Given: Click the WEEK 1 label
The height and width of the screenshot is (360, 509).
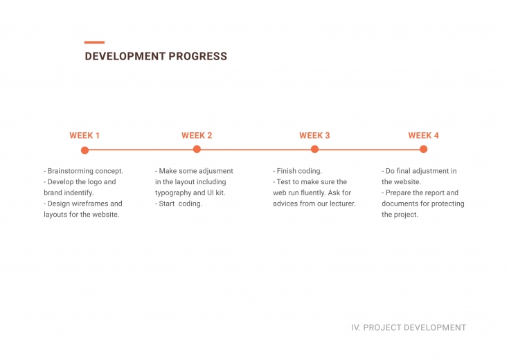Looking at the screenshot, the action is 84,136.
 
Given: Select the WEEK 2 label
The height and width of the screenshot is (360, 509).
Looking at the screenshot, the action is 197,136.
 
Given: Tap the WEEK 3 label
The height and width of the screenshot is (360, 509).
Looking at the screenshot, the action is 314,136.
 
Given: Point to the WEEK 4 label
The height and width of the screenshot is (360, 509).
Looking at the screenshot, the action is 424,136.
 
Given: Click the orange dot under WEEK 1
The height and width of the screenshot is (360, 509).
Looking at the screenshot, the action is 84,150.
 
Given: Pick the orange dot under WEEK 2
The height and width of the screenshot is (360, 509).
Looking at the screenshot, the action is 197,150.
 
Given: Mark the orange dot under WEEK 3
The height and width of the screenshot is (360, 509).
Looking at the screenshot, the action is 314,150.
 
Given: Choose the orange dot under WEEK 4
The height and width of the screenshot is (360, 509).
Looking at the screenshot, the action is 423,150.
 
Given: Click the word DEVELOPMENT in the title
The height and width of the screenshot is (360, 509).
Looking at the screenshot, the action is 125,56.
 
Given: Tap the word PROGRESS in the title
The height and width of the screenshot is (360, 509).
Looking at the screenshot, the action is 197,56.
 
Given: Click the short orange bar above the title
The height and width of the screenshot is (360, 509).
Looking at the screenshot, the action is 94,42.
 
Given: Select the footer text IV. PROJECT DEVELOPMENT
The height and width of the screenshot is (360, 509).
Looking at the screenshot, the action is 409,327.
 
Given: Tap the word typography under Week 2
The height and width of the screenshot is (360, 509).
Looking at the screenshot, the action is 173,193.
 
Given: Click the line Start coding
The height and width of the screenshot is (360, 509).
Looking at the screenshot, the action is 179,204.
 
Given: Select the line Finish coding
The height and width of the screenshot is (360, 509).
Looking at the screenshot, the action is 297,171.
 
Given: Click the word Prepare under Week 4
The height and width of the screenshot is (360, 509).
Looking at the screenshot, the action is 398,193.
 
